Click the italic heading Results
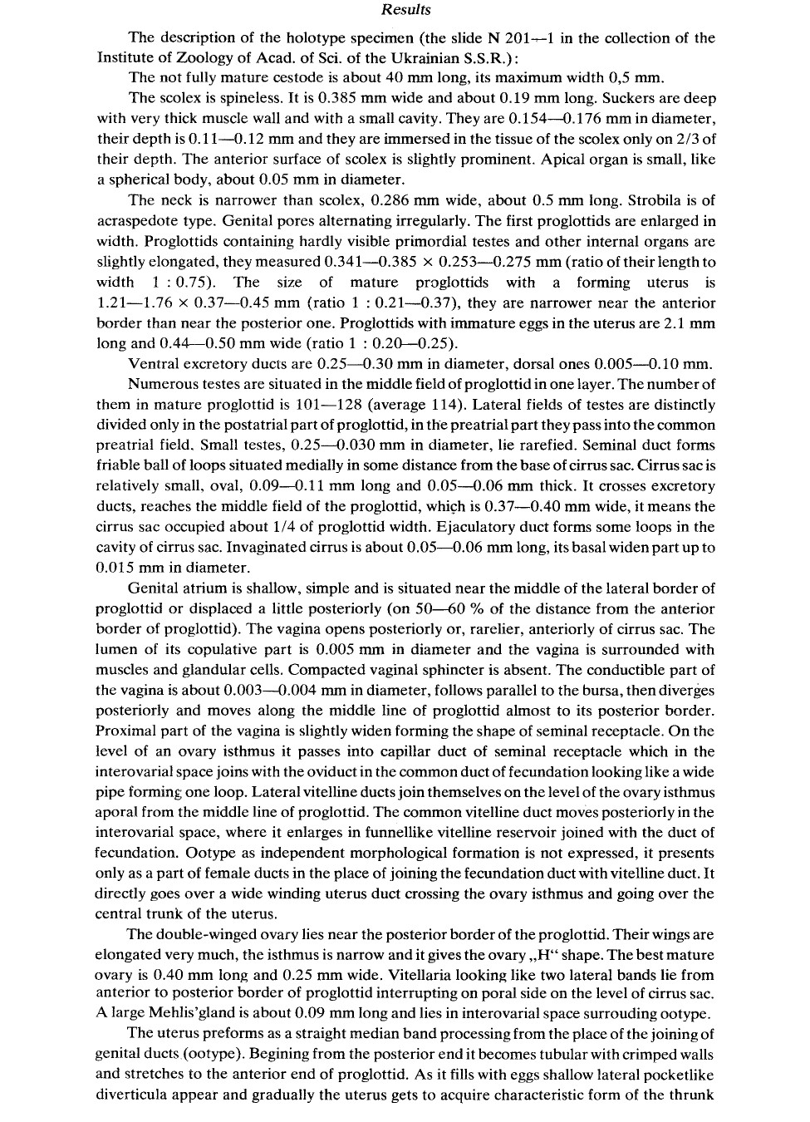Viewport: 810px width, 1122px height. [406, 10]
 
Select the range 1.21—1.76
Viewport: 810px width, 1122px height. [130, 303]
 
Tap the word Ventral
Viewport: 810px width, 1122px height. [156, 364]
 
